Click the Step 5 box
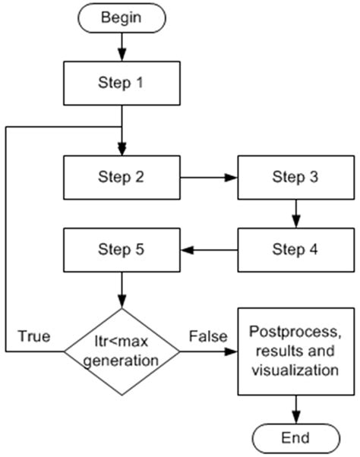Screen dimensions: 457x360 [x=122, y=250]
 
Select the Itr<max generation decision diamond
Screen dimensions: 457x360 [x=122, y=351]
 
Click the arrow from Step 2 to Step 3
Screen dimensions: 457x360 [x=209, y=178]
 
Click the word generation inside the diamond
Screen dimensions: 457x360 [x=122, y=361]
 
